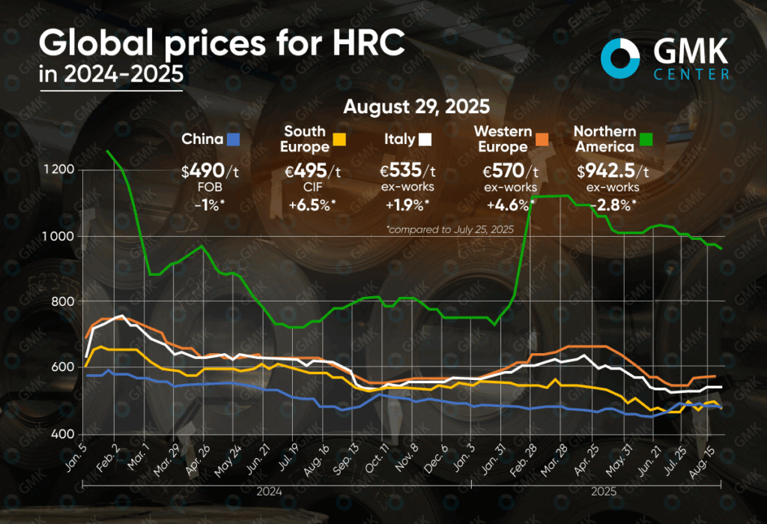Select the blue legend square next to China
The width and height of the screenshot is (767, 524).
click(234, 139)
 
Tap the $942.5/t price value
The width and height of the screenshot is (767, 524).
click(612, 171)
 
